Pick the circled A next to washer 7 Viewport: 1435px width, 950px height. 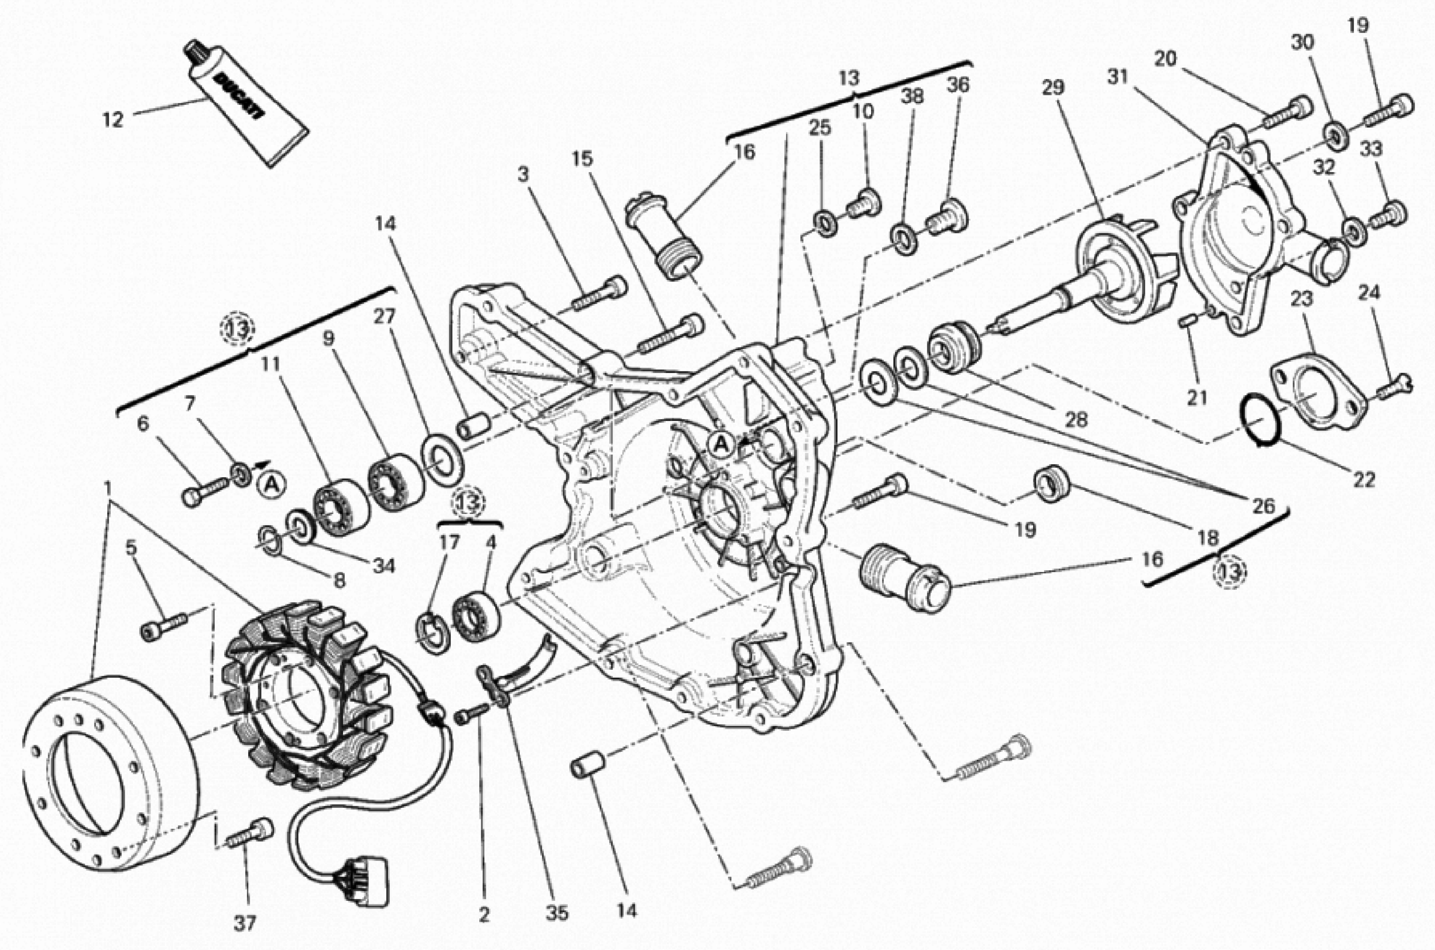(273, 483)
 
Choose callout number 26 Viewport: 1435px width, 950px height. (1264, 505)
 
